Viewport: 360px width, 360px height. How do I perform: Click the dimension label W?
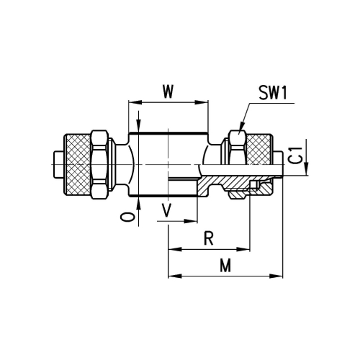click(168, 91)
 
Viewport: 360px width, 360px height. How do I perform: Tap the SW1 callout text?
click(273, 93)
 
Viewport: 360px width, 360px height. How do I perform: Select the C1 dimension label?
click(297, 156)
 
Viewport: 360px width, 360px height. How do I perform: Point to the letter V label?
click(166, 210)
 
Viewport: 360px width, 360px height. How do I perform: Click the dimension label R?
click(209, 238)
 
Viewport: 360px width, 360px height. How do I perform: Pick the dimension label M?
click(225, 265)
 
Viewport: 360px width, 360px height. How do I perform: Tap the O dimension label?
click(127, 217)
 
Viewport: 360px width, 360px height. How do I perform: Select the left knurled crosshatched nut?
click(77, 165)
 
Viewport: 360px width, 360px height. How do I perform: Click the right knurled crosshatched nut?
click(259, 149)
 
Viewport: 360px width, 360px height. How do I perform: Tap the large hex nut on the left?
click(99, 164)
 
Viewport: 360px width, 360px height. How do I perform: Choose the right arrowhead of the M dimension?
click(276, 276)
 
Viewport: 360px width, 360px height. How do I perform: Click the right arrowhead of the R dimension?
click(243, 250)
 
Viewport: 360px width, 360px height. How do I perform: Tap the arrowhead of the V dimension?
click(191, 221)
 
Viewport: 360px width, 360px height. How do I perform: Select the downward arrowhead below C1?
click(306, 169)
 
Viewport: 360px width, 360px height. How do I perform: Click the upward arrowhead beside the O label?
click(139, 203)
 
